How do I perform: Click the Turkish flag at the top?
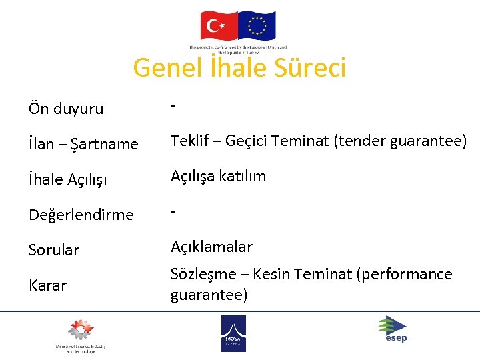tap(219, 26)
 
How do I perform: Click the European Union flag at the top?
tap(257, 26)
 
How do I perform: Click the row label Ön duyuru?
tap(66, 109)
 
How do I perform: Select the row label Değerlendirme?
tap(81, 215)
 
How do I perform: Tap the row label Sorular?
tap(54, 250)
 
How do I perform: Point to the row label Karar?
tap(47, 285)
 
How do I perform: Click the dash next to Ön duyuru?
tap(173, 106)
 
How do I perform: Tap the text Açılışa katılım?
tap(218, 176)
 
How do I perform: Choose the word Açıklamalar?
tap(211, 247)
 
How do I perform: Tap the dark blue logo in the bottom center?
tap(233, 333)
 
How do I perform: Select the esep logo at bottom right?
tap(393, 329)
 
